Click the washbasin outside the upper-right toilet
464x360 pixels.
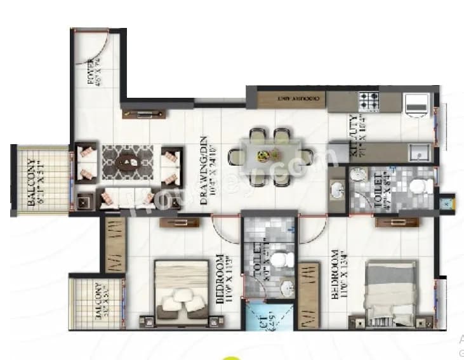pyautogui.click(x=336, y=189)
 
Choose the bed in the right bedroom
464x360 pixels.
pyautogui.click(x=390, y=294)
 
